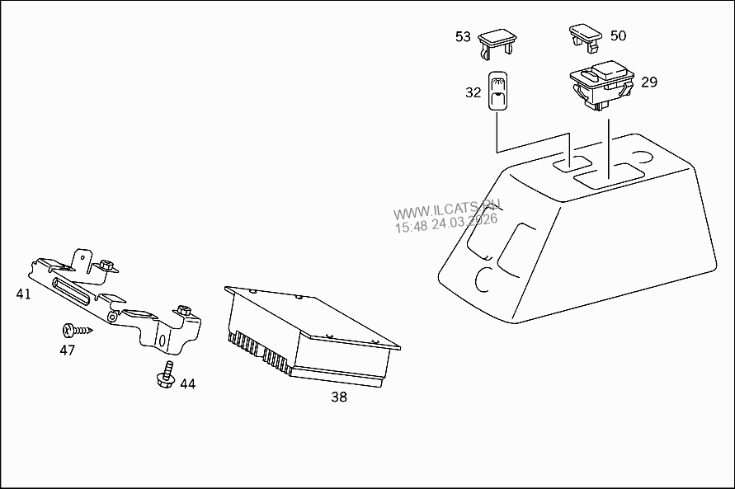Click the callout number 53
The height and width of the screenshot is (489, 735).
click(463, 36)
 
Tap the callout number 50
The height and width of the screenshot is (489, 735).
click(618, 35)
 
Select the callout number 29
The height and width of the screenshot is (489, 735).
click(649, 82)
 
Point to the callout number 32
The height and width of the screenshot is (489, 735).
click(473, 92)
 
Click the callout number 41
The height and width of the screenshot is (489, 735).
click(23, 294)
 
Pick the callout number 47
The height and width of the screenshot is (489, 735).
click(67, 350)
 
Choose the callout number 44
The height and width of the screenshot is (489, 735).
click(187, 384)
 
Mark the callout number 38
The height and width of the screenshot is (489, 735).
click(339, 397)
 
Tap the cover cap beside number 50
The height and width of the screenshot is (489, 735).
click(586, 37)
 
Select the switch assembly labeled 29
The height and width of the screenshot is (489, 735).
click(602, 84)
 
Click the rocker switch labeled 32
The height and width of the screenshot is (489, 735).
click(497, 91)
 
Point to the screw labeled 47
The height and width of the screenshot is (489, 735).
click(77, 331)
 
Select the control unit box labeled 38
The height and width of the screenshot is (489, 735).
click(312, 336)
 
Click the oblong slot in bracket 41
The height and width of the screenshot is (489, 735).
click(71, 290)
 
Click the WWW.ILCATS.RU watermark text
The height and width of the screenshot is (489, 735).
click(447, 209)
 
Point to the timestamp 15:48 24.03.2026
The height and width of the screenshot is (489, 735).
click(446, 223)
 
